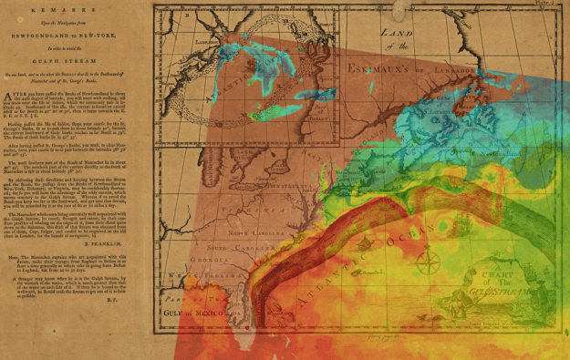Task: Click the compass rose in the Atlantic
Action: pyautogui.click(x=426, y=265)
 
